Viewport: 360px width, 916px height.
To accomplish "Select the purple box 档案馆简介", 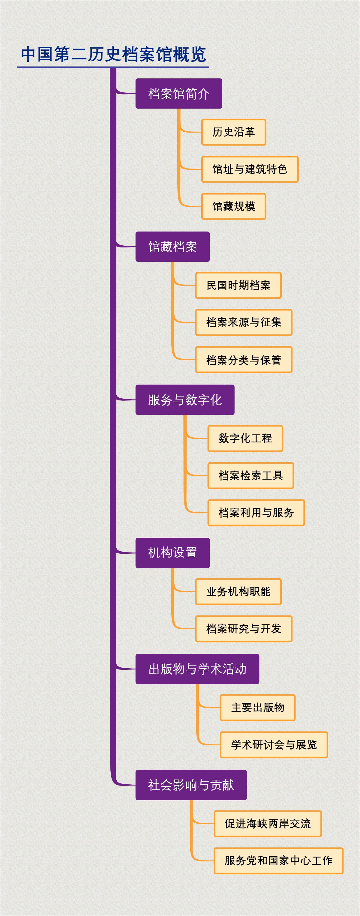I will point(178,94).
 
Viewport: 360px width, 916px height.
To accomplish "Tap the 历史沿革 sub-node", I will point(233,132).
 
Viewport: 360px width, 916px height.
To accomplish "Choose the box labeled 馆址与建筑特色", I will point(250,169).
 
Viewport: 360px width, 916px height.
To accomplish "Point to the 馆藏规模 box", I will point(233,206).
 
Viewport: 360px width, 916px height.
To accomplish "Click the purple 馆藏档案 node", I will point(172,247).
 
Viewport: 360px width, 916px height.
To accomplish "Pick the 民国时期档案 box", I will point(238,285).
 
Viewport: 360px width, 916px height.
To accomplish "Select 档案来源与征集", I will point(244,322).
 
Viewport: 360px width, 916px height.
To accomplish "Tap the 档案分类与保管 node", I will point(244,360).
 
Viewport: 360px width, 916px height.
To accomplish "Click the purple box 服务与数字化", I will point(184,400).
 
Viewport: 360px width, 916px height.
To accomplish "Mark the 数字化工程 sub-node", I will point(245,439).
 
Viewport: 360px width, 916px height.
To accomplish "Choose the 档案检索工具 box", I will point(250,475).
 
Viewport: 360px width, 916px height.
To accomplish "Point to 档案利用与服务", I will point(256,513).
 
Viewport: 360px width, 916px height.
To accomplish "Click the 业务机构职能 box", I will point(238,592).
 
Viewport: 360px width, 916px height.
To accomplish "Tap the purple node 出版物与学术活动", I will point(197,669).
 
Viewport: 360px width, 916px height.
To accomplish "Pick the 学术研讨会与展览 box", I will point(274,745).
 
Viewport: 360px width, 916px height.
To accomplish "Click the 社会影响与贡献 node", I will point(191,785).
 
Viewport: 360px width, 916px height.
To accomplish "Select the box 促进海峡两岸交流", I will point(268,824).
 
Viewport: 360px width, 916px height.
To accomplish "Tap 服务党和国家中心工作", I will point(278,861).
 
